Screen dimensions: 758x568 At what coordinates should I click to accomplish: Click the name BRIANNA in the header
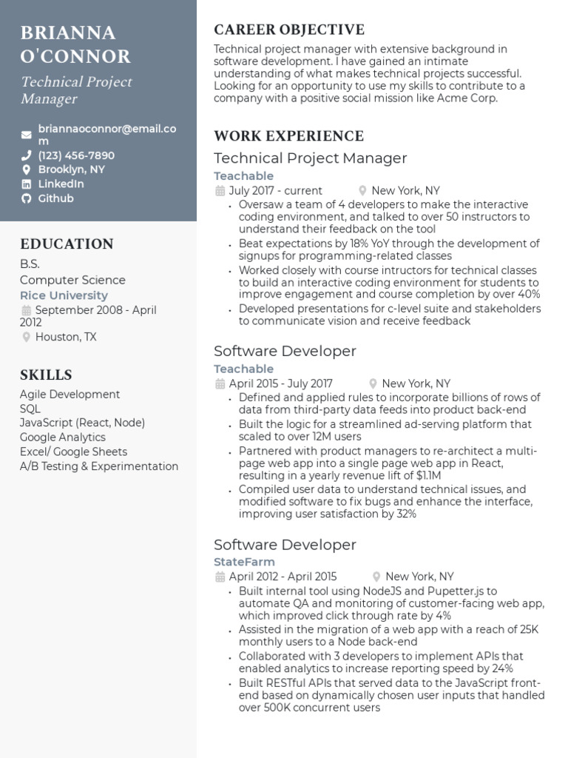click(x=68, y=33)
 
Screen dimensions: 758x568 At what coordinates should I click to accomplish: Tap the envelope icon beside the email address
click(x=27, y=135)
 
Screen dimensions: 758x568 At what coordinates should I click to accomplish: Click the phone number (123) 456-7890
click(x=76, y=155)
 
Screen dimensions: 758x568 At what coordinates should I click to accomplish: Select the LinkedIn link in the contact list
click(x=61, y=184)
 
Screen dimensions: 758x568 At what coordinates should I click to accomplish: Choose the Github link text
click(x=55, y=198)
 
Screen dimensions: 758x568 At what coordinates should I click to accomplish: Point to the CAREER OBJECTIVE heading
click(x=288, y=30)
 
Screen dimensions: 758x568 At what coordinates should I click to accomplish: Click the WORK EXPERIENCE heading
click(x=288, y=136)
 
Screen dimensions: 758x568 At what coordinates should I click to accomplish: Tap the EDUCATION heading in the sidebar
click(x=67, y=244)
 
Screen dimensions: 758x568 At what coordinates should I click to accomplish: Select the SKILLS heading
click(x=46, y=375)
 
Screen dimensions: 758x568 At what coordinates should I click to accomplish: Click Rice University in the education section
click(x=64, y=295)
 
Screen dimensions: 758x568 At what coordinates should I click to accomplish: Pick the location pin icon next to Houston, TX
click(x=27, y=338)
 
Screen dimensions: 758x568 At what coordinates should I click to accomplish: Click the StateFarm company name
click(x=244, y=562)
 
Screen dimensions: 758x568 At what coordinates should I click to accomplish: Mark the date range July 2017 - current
click(x=275, y=190)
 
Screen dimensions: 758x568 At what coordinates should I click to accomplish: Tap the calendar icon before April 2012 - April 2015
click(x=220, y=577)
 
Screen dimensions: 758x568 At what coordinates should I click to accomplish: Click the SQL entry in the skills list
click(x=30, y=409)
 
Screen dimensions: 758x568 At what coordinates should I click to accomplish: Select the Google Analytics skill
click(x=64, y=437)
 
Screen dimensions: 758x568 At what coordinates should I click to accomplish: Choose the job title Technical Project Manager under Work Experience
click(x=310, y=158)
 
